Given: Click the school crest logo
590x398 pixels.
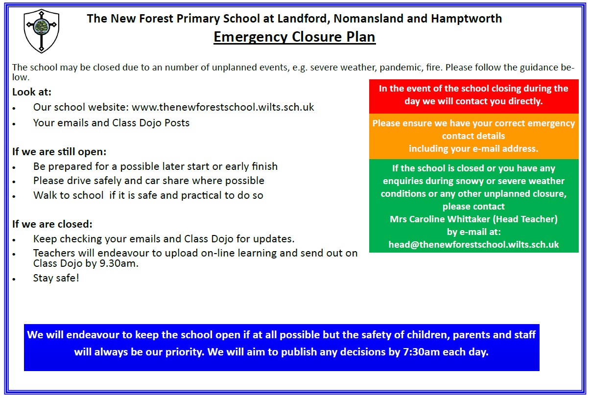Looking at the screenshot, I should point(42,31).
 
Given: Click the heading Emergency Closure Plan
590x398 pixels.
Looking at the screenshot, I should point(294,37).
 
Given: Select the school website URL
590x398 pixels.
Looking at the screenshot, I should point(223,107).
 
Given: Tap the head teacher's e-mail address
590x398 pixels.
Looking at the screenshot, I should point(473,244).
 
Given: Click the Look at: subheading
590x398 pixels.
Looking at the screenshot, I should point(31,92).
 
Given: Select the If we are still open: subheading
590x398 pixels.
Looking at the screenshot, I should point(59,152).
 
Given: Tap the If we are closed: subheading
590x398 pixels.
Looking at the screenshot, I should point(52,225).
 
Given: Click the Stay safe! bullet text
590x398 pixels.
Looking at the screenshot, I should point(56,278).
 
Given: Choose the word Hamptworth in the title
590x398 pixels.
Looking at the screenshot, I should point(467,19).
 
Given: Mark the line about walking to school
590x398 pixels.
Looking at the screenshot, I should point(148,195).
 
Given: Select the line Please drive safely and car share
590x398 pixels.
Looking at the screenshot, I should point(148,181).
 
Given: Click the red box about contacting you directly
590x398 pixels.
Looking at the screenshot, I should point(473,95).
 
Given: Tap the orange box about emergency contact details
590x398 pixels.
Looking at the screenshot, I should point(473,136).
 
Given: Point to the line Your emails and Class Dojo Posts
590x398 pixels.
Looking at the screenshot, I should point(111,123).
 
